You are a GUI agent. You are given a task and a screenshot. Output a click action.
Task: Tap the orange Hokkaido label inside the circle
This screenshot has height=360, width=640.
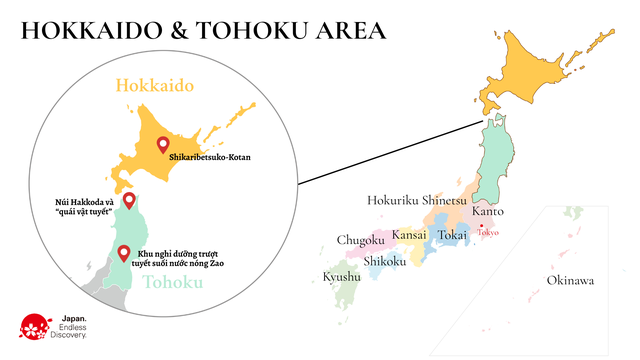pyautogui.click(x=155, y=86)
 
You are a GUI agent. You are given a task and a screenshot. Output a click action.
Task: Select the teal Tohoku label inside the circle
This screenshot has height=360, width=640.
pyautogui.click(x=173, y=282)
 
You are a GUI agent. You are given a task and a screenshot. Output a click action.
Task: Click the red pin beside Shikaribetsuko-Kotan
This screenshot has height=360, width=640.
pyautogui.click(x=164, y=146)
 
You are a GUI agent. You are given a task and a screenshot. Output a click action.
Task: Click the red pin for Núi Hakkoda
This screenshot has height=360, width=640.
pyautogui.click(x=128, y=201)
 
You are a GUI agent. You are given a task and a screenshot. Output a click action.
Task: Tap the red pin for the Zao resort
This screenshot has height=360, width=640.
pyautogui.click(x=124, y=253)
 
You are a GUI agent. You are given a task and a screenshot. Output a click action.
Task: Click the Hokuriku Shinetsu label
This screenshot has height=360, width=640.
pyautogui.click(x=417, y=199)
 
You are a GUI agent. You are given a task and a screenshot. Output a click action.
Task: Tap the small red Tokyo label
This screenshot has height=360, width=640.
pyautogui.click(x=488, y=232)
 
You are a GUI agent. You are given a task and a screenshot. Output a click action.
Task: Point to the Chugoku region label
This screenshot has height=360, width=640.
pyautogui.click(x=361, y=240)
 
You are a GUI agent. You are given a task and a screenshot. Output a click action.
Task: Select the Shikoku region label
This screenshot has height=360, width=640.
pyautogui.click(x=385, y=261)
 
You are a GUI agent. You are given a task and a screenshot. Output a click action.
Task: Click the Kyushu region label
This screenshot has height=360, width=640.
pyautogui.click(x=342, y=276)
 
